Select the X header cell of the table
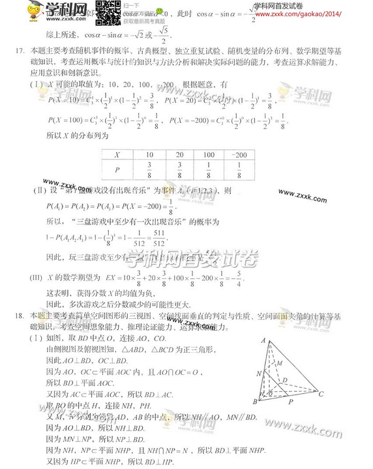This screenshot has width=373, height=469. coord(116,155)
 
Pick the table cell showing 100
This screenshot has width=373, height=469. coord(207,155)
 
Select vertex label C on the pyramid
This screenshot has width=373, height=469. coord(320,393)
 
